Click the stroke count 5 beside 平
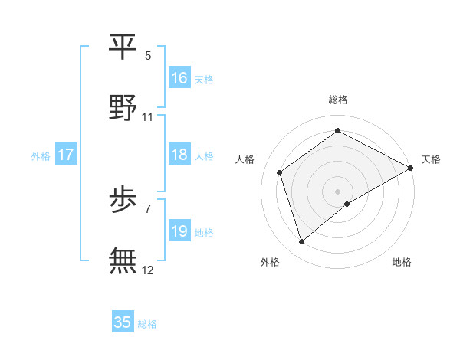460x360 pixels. tap(148, 56)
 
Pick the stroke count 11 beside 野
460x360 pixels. tap(148, 117)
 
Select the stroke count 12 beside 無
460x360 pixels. tap(148, 270)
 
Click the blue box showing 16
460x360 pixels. tap(179, 78)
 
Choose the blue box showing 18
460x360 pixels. tap(179, 155)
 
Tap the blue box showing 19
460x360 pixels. tap(179, 231)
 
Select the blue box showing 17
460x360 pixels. tap(66, 155)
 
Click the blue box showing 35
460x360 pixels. tap(123, 322)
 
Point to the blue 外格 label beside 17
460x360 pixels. tap(41, 156)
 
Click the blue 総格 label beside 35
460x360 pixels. tap(147, 324)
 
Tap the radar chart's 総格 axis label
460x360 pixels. tap(338, 100)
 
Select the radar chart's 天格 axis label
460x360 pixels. tap(431, 159)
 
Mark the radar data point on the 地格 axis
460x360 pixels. tap(347, 204)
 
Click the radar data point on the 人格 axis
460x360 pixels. tap(280, 172)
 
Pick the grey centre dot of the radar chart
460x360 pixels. tap(338, 191)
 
